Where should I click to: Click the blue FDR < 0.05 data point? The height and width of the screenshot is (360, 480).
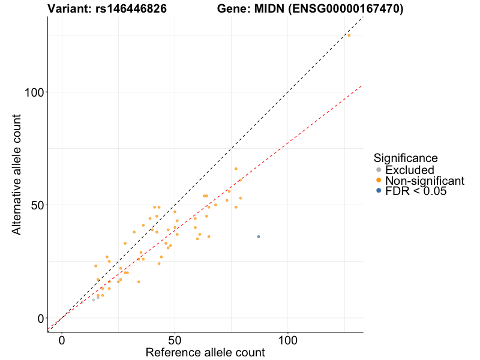259,236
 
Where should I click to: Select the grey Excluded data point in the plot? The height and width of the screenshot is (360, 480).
94,299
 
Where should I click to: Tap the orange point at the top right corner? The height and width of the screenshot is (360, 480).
349,35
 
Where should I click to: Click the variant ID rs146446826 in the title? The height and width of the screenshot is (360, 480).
131,9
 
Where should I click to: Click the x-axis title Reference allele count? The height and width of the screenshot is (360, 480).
205,353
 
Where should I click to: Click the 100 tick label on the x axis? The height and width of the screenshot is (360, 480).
287,339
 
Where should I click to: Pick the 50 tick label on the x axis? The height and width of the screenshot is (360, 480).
175,339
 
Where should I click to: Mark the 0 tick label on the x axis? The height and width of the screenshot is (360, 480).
62,339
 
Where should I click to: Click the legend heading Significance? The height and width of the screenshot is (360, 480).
406,158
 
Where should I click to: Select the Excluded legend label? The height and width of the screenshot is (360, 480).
409,170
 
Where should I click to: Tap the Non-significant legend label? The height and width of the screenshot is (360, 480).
425,181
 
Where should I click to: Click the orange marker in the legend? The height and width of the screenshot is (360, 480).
378,181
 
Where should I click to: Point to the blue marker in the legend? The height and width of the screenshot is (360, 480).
378,191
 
